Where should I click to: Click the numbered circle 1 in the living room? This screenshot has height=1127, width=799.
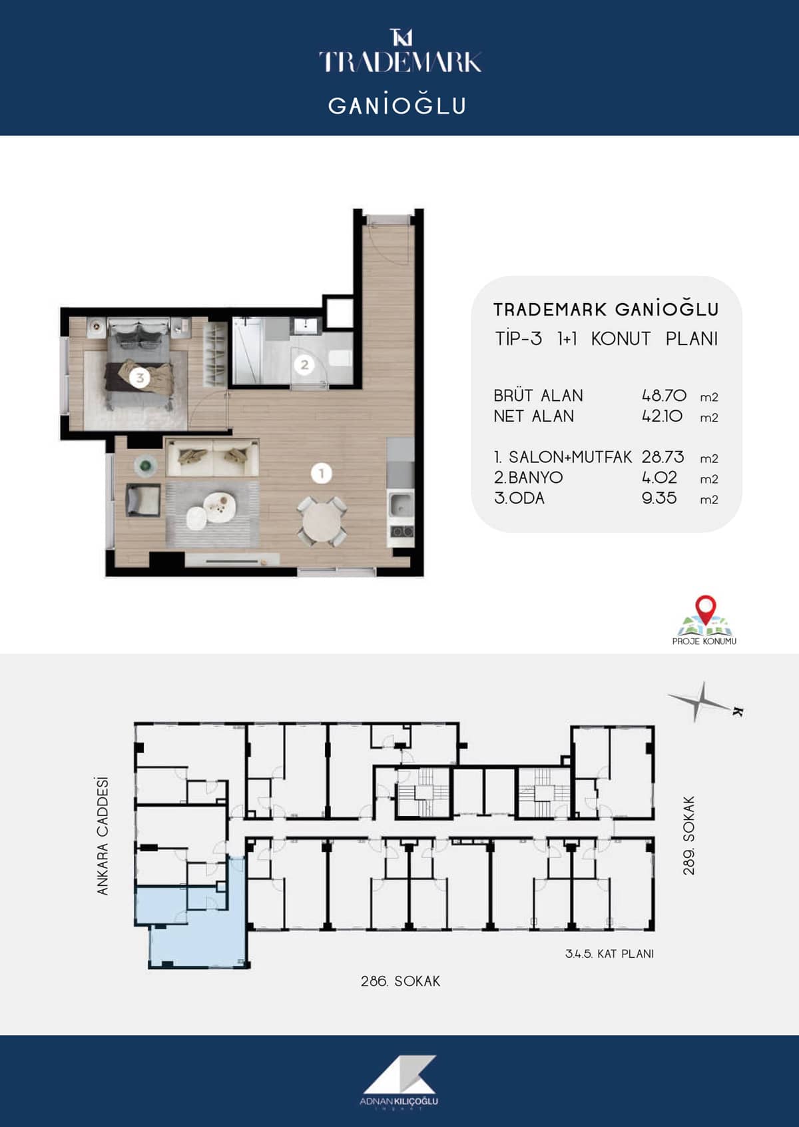[x=322, y=473]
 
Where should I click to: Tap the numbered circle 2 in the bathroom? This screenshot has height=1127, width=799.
[x=304, y=365]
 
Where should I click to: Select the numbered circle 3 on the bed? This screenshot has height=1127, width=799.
[x=140, y=377]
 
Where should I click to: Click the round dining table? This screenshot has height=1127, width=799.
[x=322, y=522]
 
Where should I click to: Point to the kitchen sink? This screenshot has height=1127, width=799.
[x=400, y=505]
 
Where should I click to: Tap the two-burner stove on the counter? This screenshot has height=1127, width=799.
[x=401, y=530]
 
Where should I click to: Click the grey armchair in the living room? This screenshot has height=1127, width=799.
[x=142, y=500]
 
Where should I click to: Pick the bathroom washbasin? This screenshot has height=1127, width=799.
[x=306, y=326]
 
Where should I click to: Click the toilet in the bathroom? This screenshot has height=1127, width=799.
[x=340, y=358]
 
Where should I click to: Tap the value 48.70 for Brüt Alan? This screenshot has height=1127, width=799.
[x=664, y=396]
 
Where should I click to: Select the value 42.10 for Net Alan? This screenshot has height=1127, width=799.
[x=662, y=416]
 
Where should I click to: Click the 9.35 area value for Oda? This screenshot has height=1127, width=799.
[x=659, y=498]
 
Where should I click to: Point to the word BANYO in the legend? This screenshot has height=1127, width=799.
[x=535, y=478]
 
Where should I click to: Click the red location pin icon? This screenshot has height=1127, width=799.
[x=706, y=609]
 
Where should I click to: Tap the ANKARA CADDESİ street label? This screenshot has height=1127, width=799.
[x=103, y=836]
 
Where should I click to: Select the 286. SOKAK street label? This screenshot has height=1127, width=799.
[x=400, y=981]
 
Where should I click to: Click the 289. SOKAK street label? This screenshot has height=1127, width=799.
[x=689, y=835]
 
